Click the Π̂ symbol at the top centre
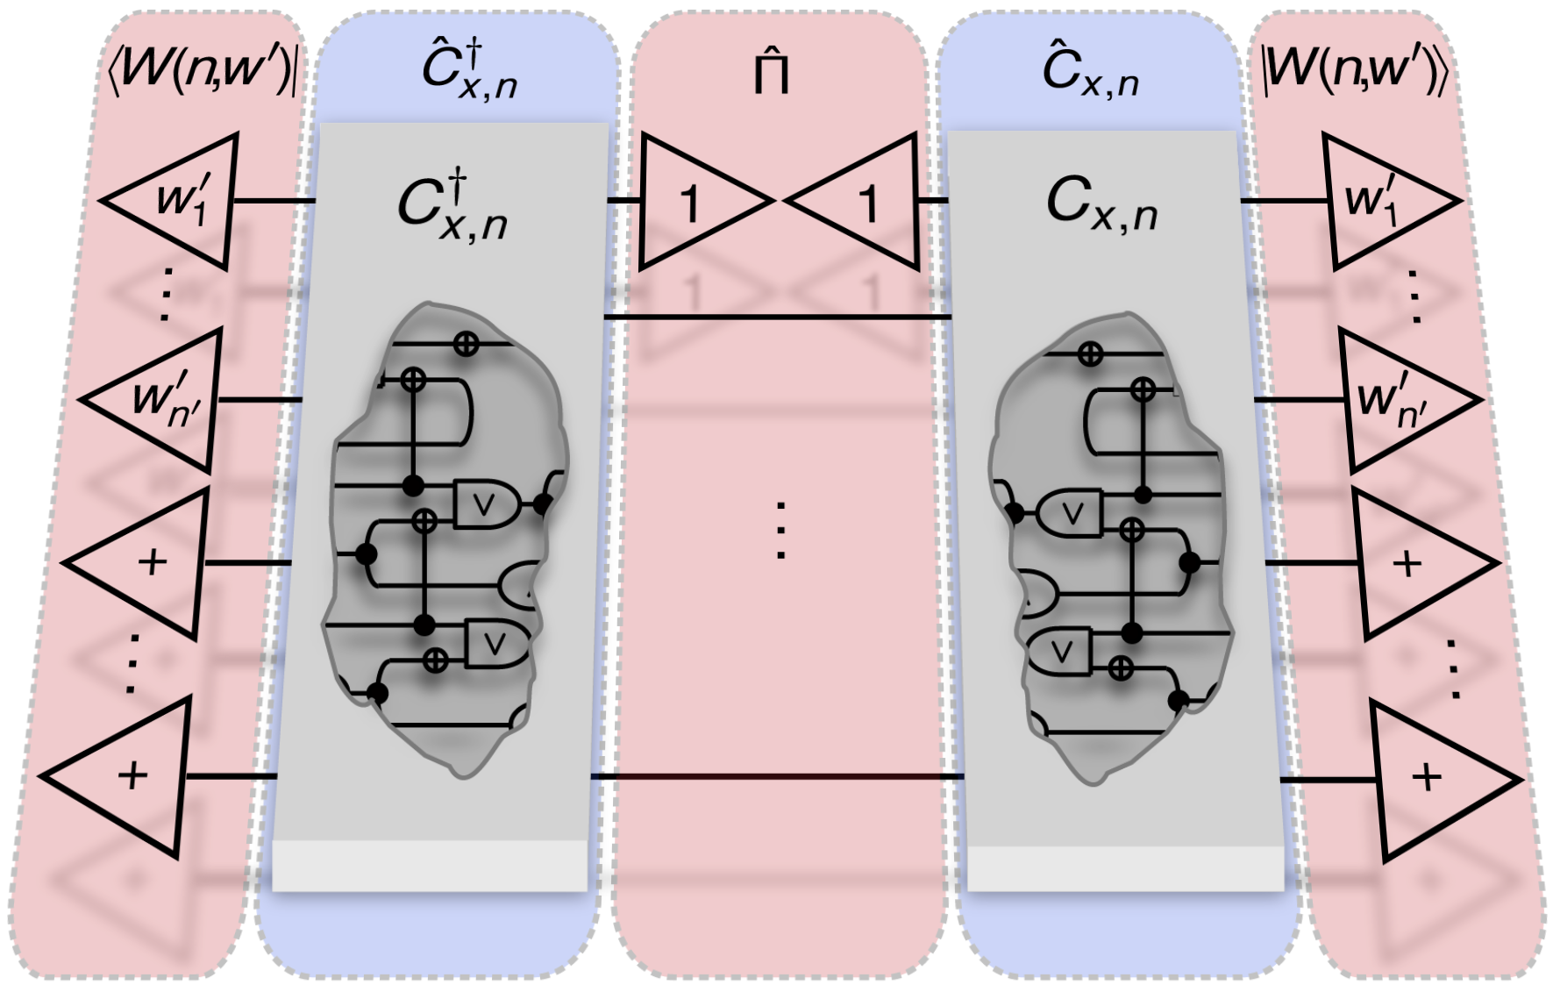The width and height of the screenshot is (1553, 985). [772, 74]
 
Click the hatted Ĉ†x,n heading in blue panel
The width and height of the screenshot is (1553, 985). [468, 70]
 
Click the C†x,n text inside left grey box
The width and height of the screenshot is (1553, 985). [452, 207]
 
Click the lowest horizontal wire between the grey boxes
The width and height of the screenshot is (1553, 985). [777, 777]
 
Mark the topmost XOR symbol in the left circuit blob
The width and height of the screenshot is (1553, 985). [466, 344]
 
